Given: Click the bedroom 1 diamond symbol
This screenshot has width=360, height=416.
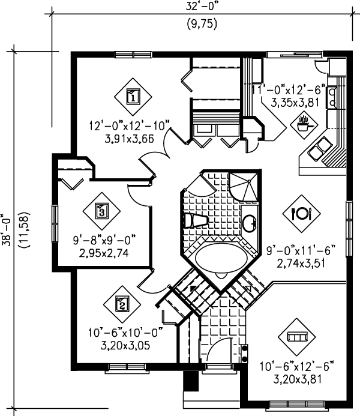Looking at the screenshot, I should [133, 95].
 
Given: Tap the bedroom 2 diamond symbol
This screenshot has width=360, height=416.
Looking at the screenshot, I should [121, 304].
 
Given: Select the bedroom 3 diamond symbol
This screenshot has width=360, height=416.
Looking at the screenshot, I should [101, 211].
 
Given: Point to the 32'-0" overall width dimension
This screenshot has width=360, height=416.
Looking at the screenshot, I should [200, 7].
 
